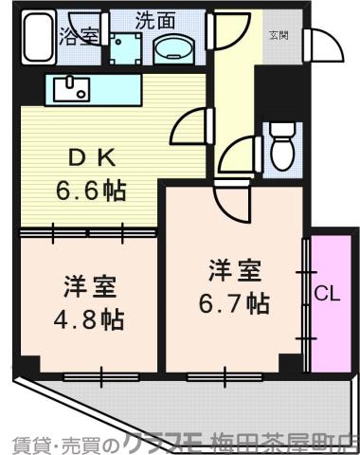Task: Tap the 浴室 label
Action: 81,39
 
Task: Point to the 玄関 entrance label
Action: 279,36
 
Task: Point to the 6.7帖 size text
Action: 232,303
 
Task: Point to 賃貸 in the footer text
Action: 27,443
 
